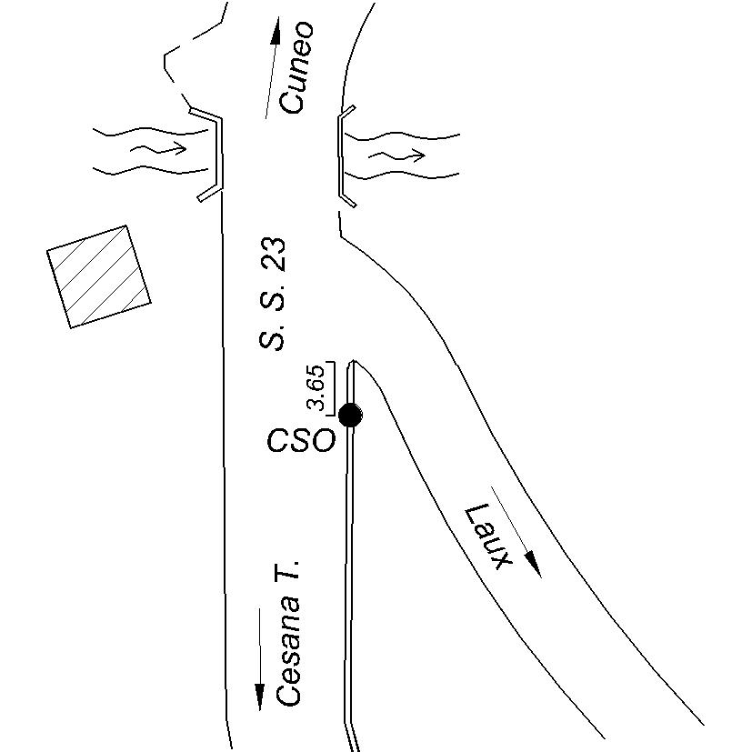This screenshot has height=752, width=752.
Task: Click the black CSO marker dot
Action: click(x=350, y=416)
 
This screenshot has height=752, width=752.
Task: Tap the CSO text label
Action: click(x=300, y=442)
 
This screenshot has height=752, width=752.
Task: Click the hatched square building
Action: click(x=99, y=276)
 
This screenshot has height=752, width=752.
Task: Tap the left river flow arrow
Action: click(x=159, y=147)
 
